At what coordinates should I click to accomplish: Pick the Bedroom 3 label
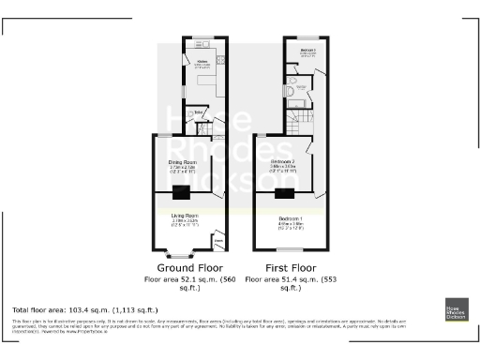click(x=307, y=52)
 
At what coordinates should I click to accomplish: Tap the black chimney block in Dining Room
click(x=181, y=193)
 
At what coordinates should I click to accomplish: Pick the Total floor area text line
click(x=84, y=309)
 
